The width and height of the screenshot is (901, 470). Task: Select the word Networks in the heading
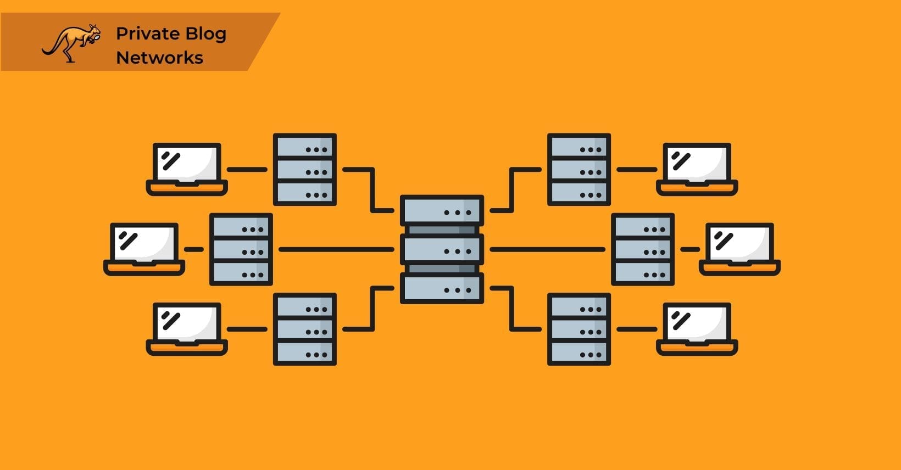pos(159,58)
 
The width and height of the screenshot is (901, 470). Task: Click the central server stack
pos(442,249)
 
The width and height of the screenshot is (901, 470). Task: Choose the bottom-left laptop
pos(187,328)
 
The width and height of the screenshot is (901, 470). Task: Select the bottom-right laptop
pos(697,328)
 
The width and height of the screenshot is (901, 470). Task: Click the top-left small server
pos(305,170)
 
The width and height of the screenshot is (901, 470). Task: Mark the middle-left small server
pos(241,249)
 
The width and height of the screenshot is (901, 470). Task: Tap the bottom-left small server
pos(305,329)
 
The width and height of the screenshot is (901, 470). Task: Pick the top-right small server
pos(579,170)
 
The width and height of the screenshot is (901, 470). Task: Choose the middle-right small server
pos(643,249)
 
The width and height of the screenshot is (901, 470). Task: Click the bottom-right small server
pos(579,329)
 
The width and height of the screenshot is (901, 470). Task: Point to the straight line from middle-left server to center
pos(336,249)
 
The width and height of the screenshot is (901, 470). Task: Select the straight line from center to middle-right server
pos(547,249)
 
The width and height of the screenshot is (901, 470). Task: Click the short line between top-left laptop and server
pos(247,169)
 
